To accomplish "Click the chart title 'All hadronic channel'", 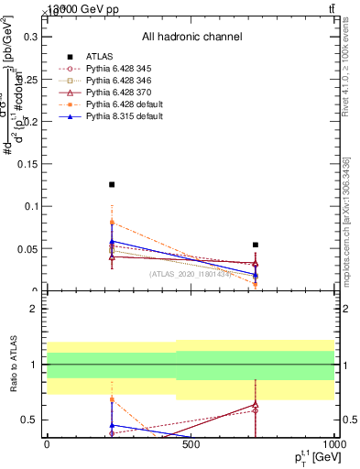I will (191, 38).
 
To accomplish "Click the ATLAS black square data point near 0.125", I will (112, 185).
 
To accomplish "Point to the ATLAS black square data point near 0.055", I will (256, 245).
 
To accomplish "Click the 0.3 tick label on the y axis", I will (29, 38).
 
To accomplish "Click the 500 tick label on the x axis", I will (191, 446).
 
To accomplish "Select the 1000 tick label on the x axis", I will (333, 446).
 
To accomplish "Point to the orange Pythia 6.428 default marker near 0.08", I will (112, 223).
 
